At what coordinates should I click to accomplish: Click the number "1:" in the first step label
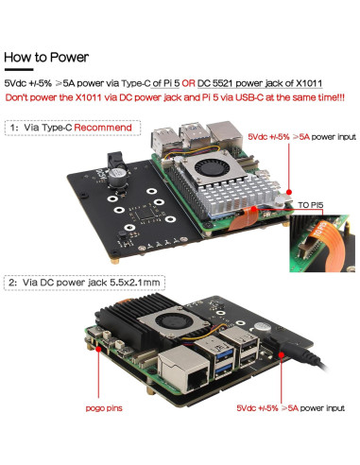click(14, 125)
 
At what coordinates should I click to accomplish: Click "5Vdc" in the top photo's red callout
click(258, 137)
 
